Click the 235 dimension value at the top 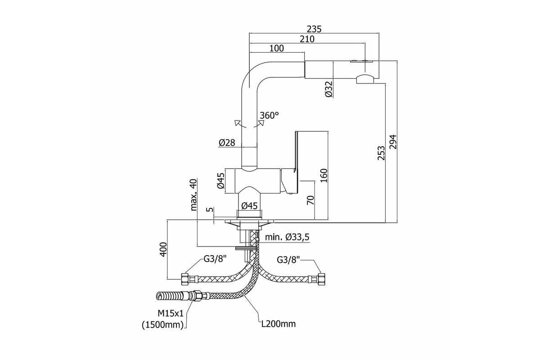tap(314, 29)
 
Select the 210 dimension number tap(307, 39)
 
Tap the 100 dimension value tap(276, 48)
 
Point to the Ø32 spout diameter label tap(328, 89)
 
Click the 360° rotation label tap(269, 116)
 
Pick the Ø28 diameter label tap(227, 143)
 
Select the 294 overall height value tap(393, 142)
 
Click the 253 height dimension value tap(381, 153)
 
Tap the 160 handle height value tap(324, 175)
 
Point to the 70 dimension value tap(311, 200)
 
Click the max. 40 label tap(193, 194)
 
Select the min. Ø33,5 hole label tap(287, 237)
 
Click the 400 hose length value tap(163, 249)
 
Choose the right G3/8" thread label tap(288, 260)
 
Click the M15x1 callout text tap(171, 314)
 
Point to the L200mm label tap(279, 324)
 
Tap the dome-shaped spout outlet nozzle tap(365, 79)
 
